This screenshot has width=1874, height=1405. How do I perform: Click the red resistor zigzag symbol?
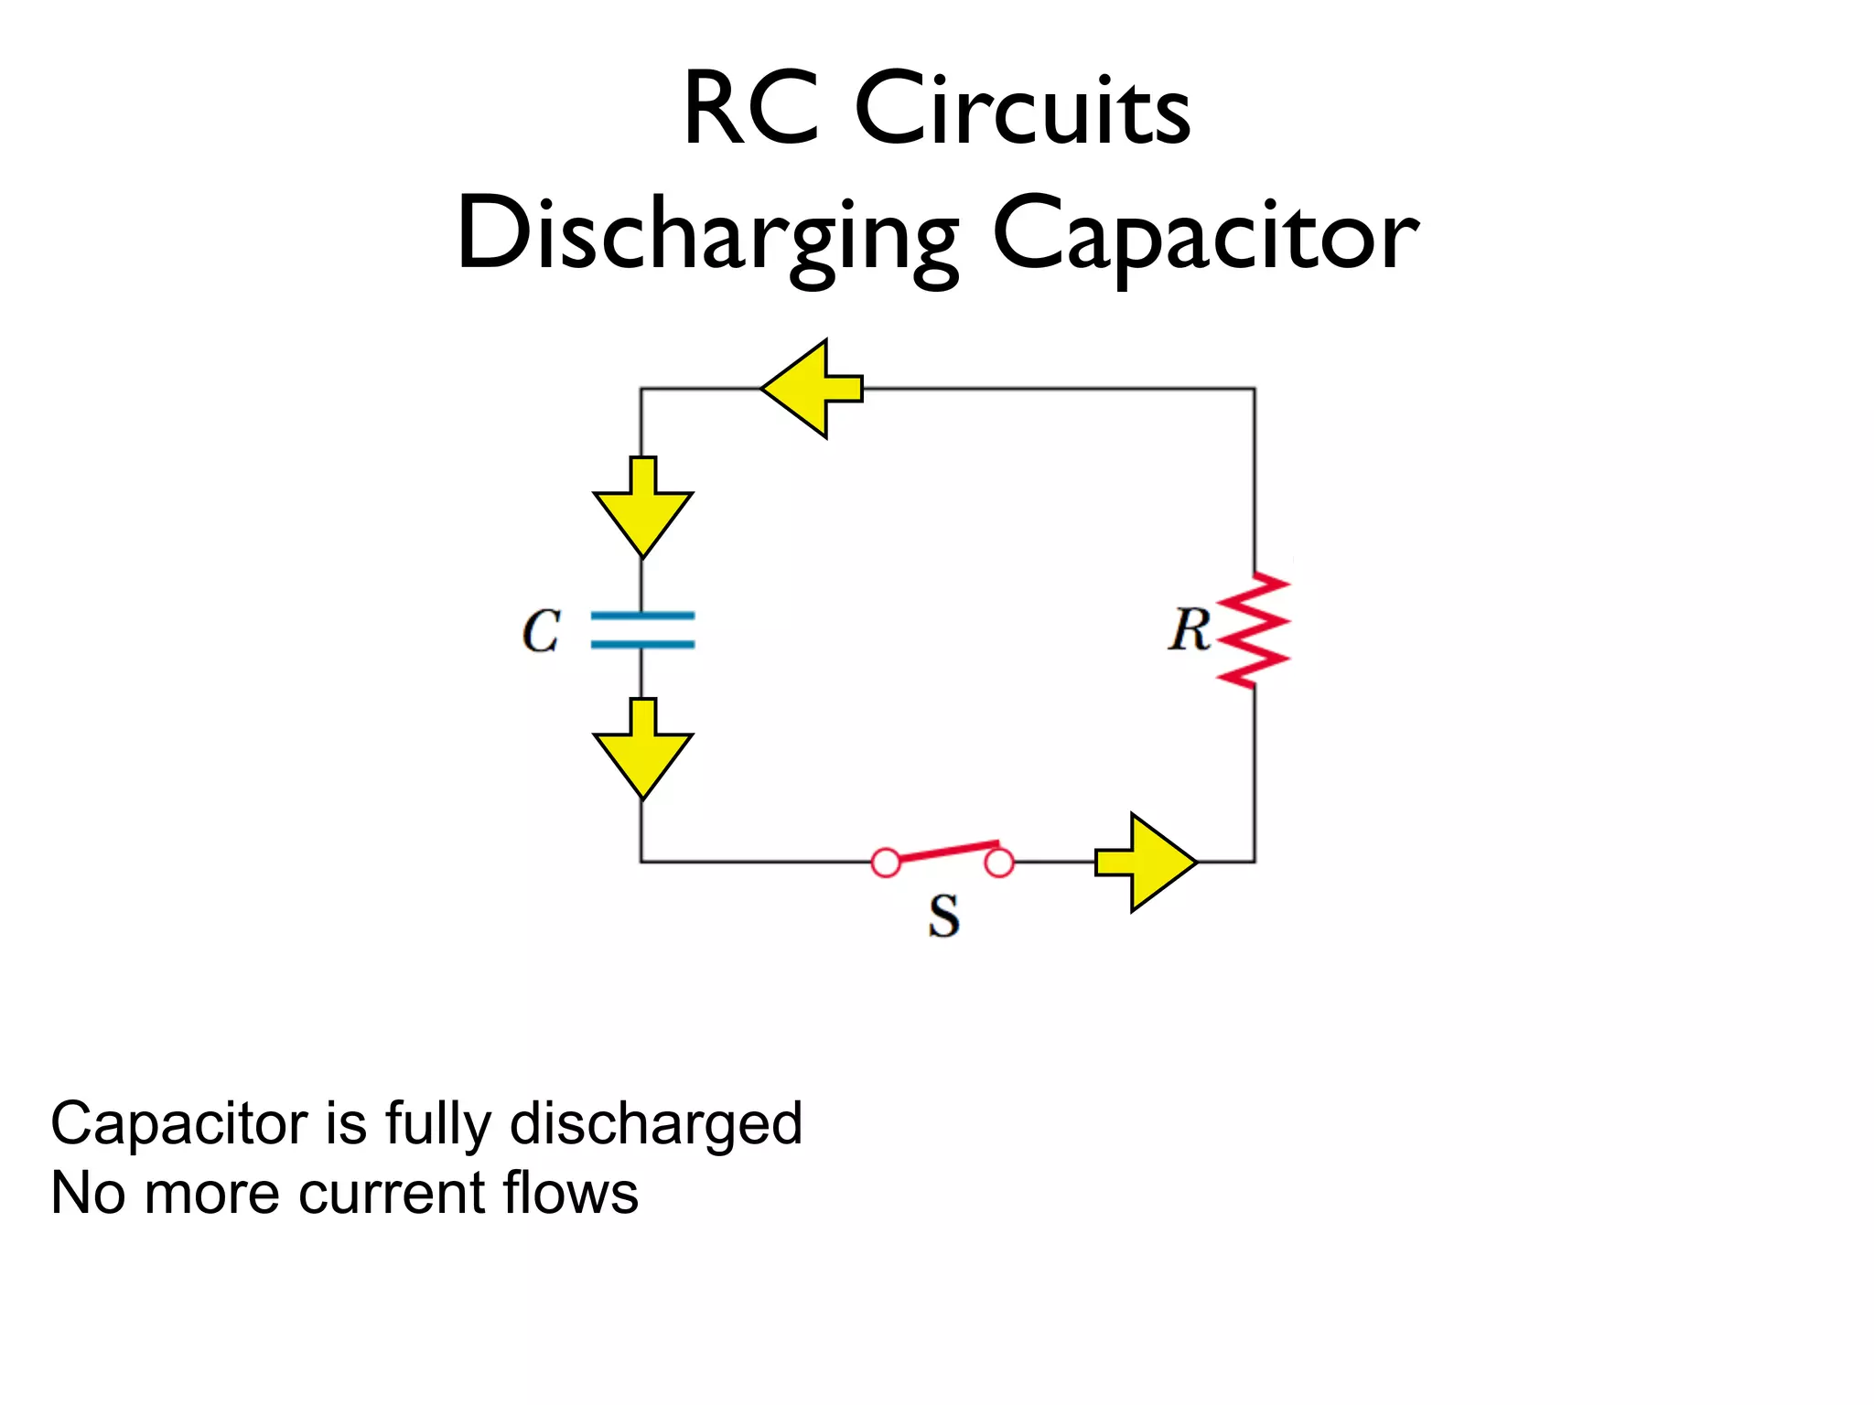pyautogui.click(x=1254, y=630)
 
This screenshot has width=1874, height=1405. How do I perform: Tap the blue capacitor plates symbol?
pyautogui.click(x=642, y=630)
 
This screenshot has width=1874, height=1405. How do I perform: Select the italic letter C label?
pyautogui.click(x=541, y=631)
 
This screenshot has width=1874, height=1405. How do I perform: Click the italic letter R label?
pyautogui.click(x=1189, y=630)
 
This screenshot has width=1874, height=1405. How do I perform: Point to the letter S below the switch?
pyautogui.click(x=943, y=916)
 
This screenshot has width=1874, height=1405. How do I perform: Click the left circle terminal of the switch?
pyautogui.click(x=886, y=863)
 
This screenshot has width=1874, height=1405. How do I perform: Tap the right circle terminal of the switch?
pyautogui.click(x=999, y=863)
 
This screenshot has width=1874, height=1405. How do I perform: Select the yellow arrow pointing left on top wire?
pyautogui.click(x=811, y=389)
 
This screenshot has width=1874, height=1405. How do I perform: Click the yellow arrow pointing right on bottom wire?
pyautogui.click(x=1147, y=863)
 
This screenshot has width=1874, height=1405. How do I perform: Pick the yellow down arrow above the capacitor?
pyautogui.click(x=642, y=508)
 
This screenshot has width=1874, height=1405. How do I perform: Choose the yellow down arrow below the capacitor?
pyautogui.click(x=642, y=749)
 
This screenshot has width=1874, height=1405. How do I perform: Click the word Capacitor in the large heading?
pyautogui.click(x=1205, y=236)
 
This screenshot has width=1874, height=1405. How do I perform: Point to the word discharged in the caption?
pyautogui.click(x=655, y=1123)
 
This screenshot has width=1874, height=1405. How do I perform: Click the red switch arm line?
pyautogui.click(x=948, y=852)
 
